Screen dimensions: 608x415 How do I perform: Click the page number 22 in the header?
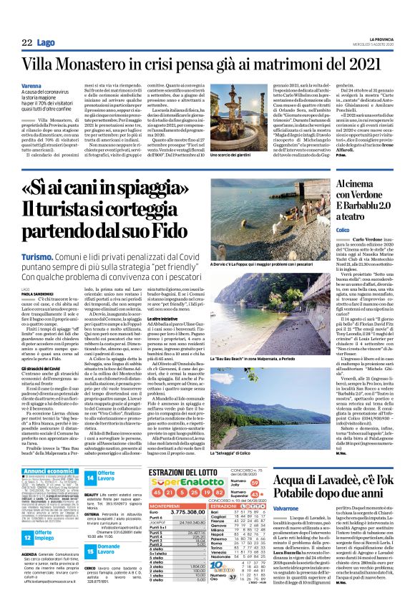point(27,44)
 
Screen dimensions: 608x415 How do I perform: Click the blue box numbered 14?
point(89,478)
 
